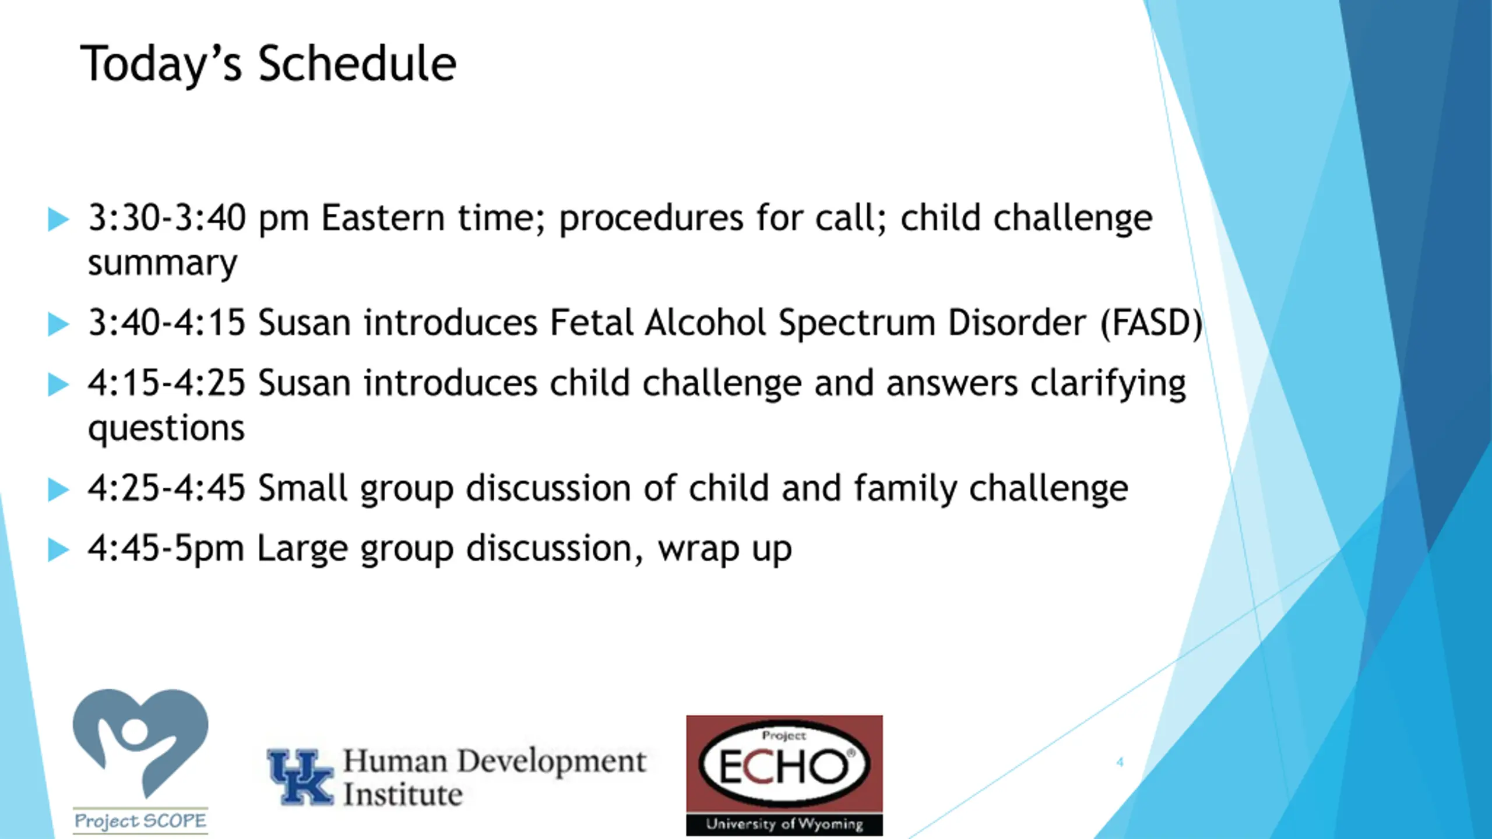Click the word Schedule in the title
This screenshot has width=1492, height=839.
coord(357,64)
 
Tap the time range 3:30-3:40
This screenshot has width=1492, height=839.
coord(167,218)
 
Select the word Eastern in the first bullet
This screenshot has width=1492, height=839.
coord(383,218)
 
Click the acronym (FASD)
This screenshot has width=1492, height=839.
coord(1152,323)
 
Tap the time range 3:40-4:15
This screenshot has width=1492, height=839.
coord(167,323)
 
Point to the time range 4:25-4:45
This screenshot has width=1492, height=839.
coord(167,488)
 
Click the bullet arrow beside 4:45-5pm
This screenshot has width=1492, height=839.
coord(58,549)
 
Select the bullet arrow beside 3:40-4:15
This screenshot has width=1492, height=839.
coord(58,324)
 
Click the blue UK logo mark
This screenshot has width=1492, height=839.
coord(300,777)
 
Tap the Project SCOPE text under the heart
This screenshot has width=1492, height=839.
coord(140,821)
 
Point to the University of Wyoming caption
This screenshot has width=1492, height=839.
coord(784,824)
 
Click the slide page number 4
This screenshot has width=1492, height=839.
coord(1120,762)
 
